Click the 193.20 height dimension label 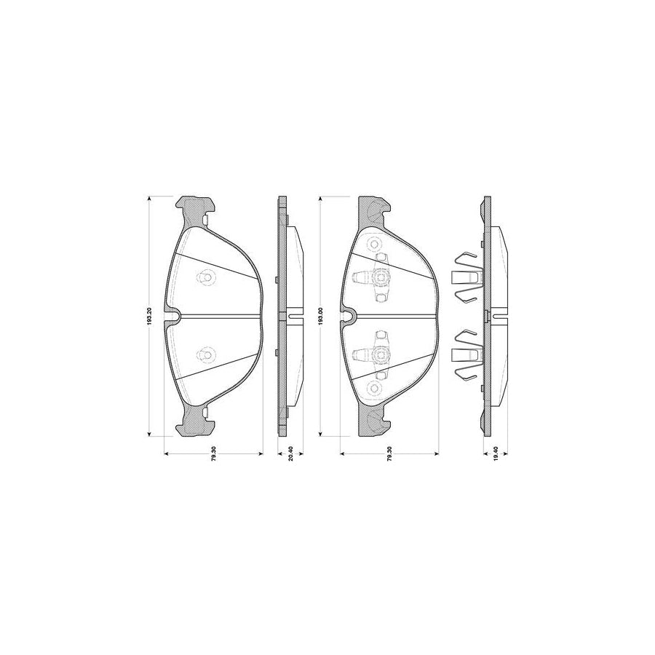[x=148, y=317]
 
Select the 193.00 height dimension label [x=320, y=317]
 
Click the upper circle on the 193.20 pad [x=205, y=277]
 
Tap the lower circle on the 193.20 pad [x=205, y=354]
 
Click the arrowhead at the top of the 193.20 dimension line [x=148, y=198]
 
